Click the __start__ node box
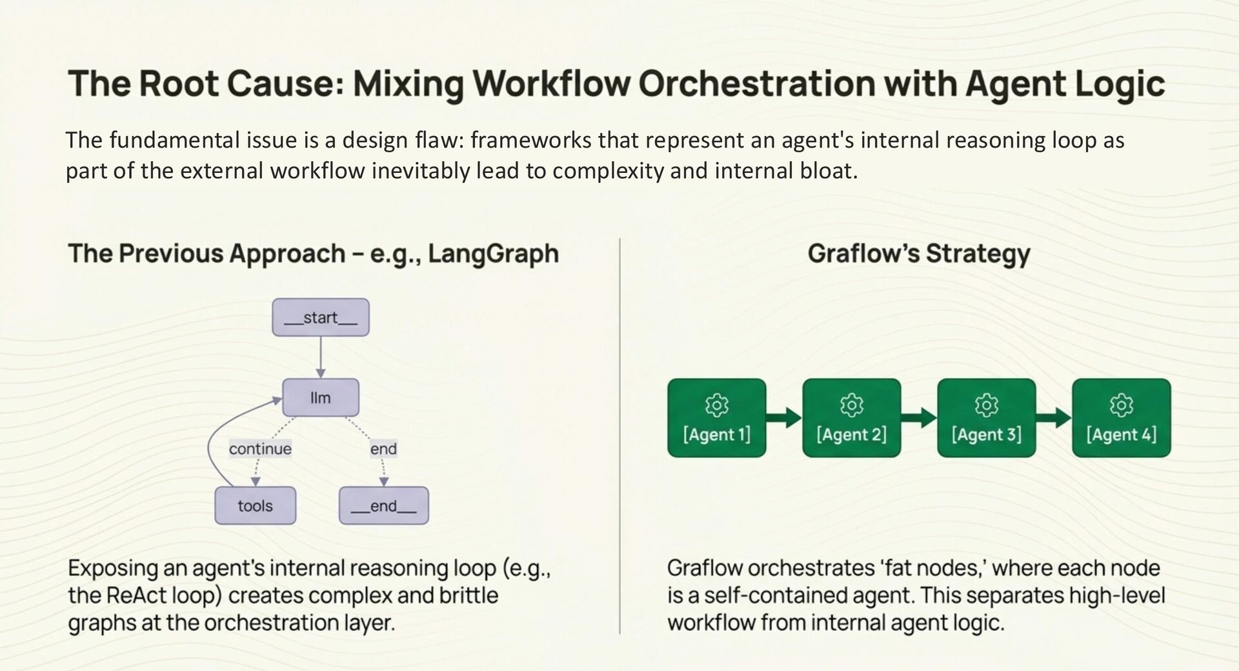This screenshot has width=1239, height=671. pyautogui.click(x=321, y=317)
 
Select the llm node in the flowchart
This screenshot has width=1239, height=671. pyautogui.click(x=321, y=397)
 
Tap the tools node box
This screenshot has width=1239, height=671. pyautogui.click(x=255, y=505)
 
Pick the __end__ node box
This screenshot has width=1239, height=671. pyautogui.click(x=383, y=505)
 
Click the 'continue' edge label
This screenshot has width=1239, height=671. pyautogui.click(x=260, y=448)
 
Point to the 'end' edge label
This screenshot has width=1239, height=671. pyautogui.click(x=383, y=448)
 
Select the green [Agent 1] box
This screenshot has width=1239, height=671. pyautogui.click(x=716, y=418)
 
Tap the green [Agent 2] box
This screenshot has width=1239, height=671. pyautogui.click(x=851, y=418)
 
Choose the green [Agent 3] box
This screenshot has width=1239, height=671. pyautogui.click(x=986, y=418)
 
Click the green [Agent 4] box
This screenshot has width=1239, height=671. pyautogui.click(x=1121, y=418)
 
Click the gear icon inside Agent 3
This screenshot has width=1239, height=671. pyautogui.click(x=986, y=405)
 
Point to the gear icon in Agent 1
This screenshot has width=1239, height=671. pyautogui.click(x=716, y=405)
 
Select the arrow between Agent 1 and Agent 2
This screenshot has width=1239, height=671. pyautogui.click(x=784, y=418)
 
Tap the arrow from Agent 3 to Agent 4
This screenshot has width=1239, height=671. pyautogui.click(x=1054, y=418)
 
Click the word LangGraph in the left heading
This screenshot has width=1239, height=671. pyautogui.click(x=493, y=254)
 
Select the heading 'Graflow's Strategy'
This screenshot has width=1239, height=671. pyautogui.click(x=918, y=254)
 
